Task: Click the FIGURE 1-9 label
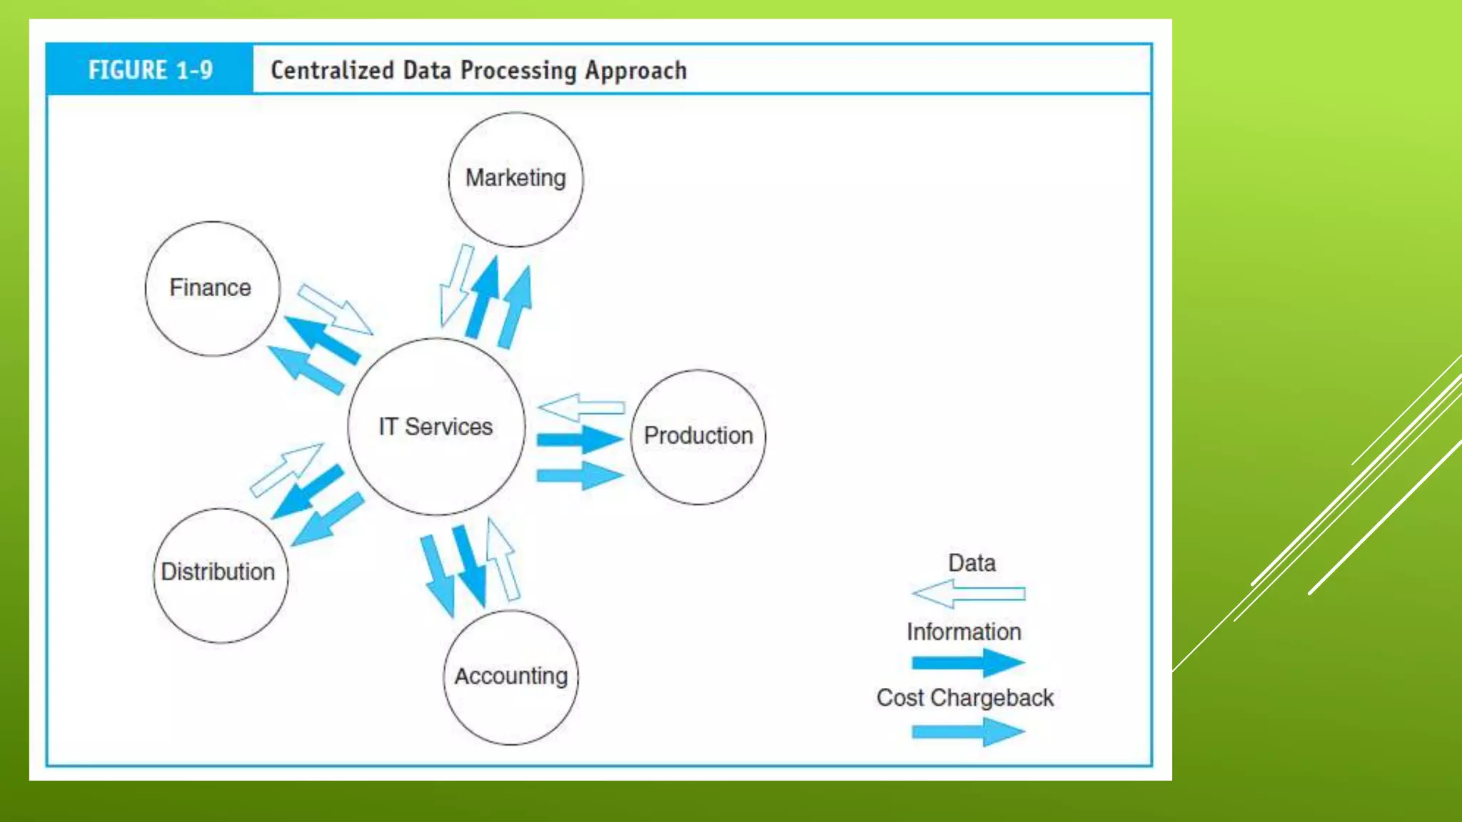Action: pyautogui.click(x=150, y=70)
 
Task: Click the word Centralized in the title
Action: pyautogui.click(x=332, y=71)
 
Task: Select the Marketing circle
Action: pyautogui.click(x=515, y=179)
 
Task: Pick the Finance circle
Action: pyautogui.click(x=212, y=288)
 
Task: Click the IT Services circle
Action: pyautogui.click(x=436, y=427)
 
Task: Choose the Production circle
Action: pyautogui.click(x=698, y=437)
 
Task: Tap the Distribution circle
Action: pyautogui.click(x=220, y=574)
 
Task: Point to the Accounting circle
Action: pyautogui.click(x=511, y=676)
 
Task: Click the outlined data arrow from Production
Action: pyautogui.click(x=581, y=407)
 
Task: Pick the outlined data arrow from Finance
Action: pyautogui.click(x=335, y=309)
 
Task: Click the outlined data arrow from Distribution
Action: pyautogui.click(x=286, y=469)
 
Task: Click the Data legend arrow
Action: pyautogui.click(x=968, y=594)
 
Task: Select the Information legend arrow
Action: pyautogui.click(x=968, y=662)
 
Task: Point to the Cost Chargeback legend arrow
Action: pyautogui.click(x=968, y=731)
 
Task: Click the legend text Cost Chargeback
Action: pyautogui.click(x=965, y=697)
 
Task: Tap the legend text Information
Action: pyautogui.click(x=964, y=631)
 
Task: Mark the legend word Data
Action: pyautogui.click(x=972, y=563)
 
